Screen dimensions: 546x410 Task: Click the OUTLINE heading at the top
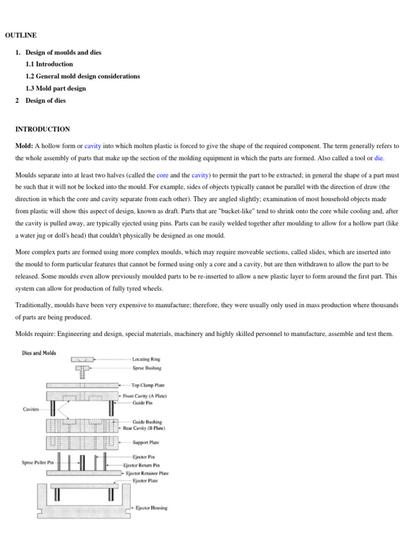(x=21, y=35)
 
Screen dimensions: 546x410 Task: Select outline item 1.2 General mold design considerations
(x=83, y=76)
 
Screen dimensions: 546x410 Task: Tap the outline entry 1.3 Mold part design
(x=56, y=89)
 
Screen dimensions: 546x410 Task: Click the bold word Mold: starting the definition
(x=25, y=146)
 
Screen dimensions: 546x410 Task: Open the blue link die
(x=379, y=158)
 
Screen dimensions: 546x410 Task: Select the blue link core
(x=162, y=174)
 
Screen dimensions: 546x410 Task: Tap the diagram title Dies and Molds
(x=38, y=352)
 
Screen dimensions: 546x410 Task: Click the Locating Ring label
(x=146, y=359)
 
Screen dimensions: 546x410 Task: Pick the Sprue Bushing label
(x=147, y=368)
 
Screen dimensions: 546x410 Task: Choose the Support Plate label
(x=146, y=443)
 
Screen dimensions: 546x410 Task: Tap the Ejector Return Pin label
(x=145, y=465)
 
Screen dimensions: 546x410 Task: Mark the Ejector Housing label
(x=152, y=508)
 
